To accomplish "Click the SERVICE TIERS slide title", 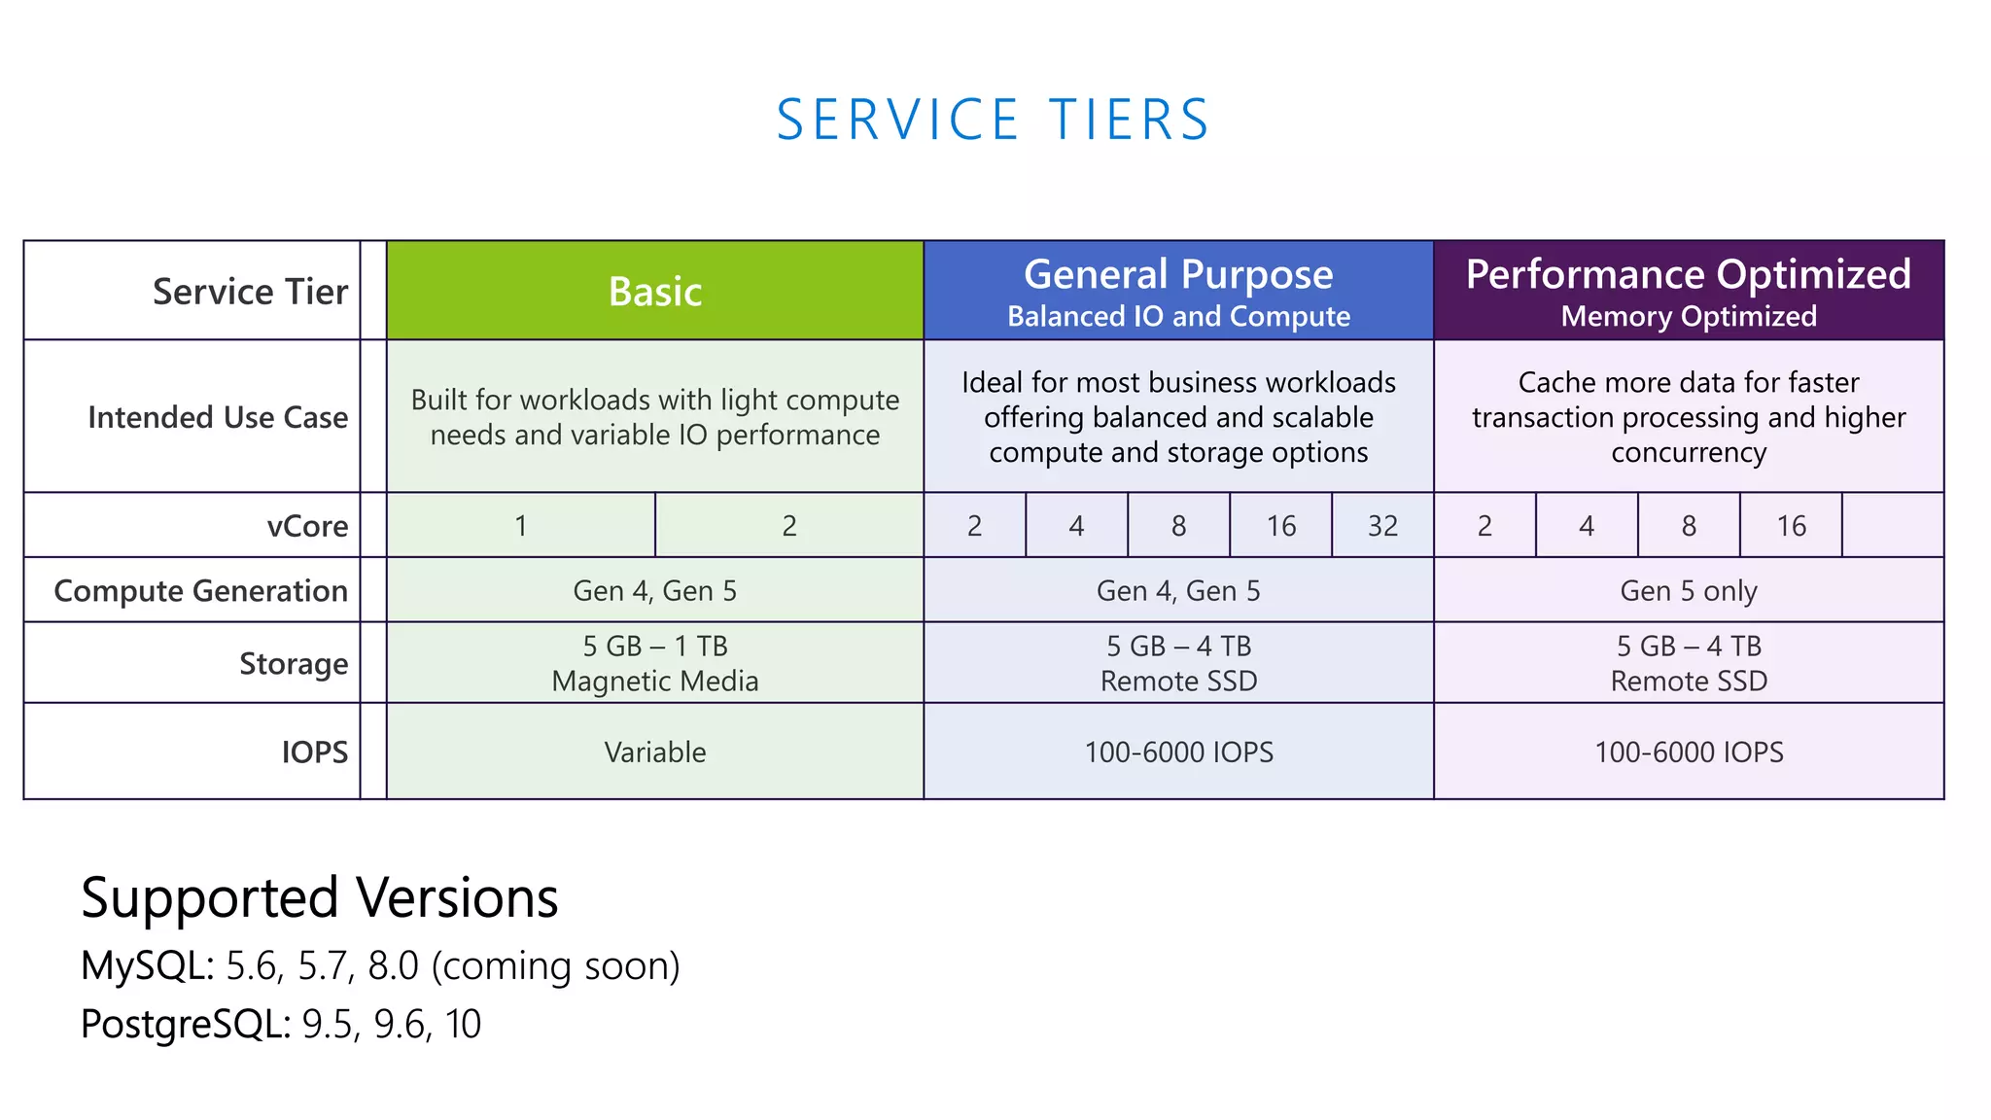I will pos(993,121).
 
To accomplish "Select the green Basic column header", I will pos(654,291).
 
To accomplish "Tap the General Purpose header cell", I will pos(1178,291).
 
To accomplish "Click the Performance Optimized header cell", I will pos(1689,291).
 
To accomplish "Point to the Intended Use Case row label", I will pos(218,417).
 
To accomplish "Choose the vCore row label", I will pos(307,526).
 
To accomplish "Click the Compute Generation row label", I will pos(200,591).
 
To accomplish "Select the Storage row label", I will pos(294,663).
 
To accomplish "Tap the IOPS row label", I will pos(314,752).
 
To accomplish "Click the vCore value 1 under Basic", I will pos(521,526).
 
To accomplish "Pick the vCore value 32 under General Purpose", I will pos(1382,526).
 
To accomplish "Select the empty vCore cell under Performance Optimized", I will pos(1893,526).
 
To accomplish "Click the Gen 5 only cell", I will pos(1689,591).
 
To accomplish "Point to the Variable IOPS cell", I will pos(654,752).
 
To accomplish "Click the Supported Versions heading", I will pos(320,897).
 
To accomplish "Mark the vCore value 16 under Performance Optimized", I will pos(1791,526).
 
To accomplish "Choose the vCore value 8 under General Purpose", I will pos(1178,526).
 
